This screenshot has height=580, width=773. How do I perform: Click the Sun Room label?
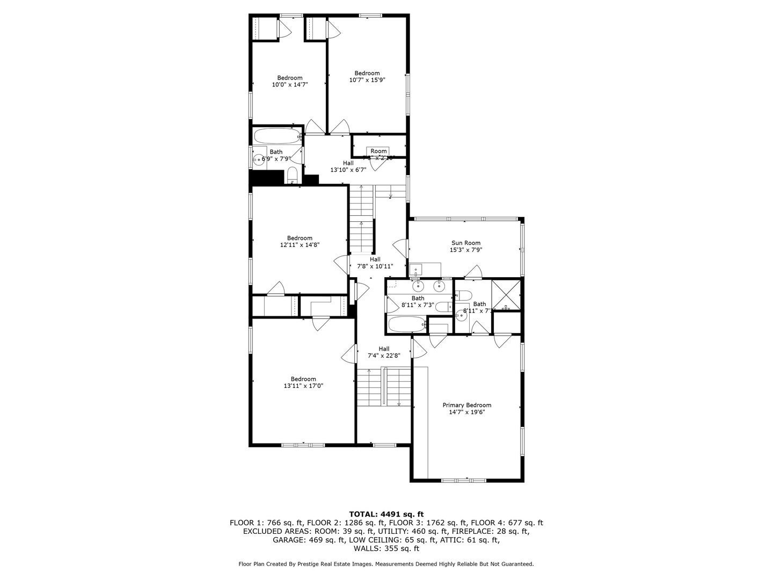(465, 243)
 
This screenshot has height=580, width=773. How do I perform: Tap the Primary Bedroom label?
(466, 405)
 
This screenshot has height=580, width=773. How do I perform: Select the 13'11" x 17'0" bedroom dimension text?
(303, 386)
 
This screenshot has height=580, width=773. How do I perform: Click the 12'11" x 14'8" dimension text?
(300, 245)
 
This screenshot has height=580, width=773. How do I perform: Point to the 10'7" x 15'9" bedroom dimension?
(367, 80)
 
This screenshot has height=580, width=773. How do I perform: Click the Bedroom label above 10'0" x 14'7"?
(290, 78)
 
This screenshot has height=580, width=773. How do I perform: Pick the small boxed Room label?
(378, 151)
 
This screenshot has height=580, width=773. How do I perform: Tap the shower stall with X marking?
(507, 295)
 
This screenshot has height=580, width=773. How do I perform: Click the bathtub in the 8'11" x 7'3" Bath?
(406, 324)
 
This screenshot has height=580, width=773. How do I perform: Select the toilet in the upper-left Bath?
(293, 174)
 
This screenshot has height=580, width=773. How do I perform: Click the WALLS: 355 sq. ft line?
(386, 548)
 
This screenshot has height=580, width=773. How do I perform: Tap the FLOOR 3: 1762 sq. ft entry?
(427, 523)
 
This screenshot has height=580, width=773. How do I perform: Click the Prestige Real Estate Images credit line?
(386, 564)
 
